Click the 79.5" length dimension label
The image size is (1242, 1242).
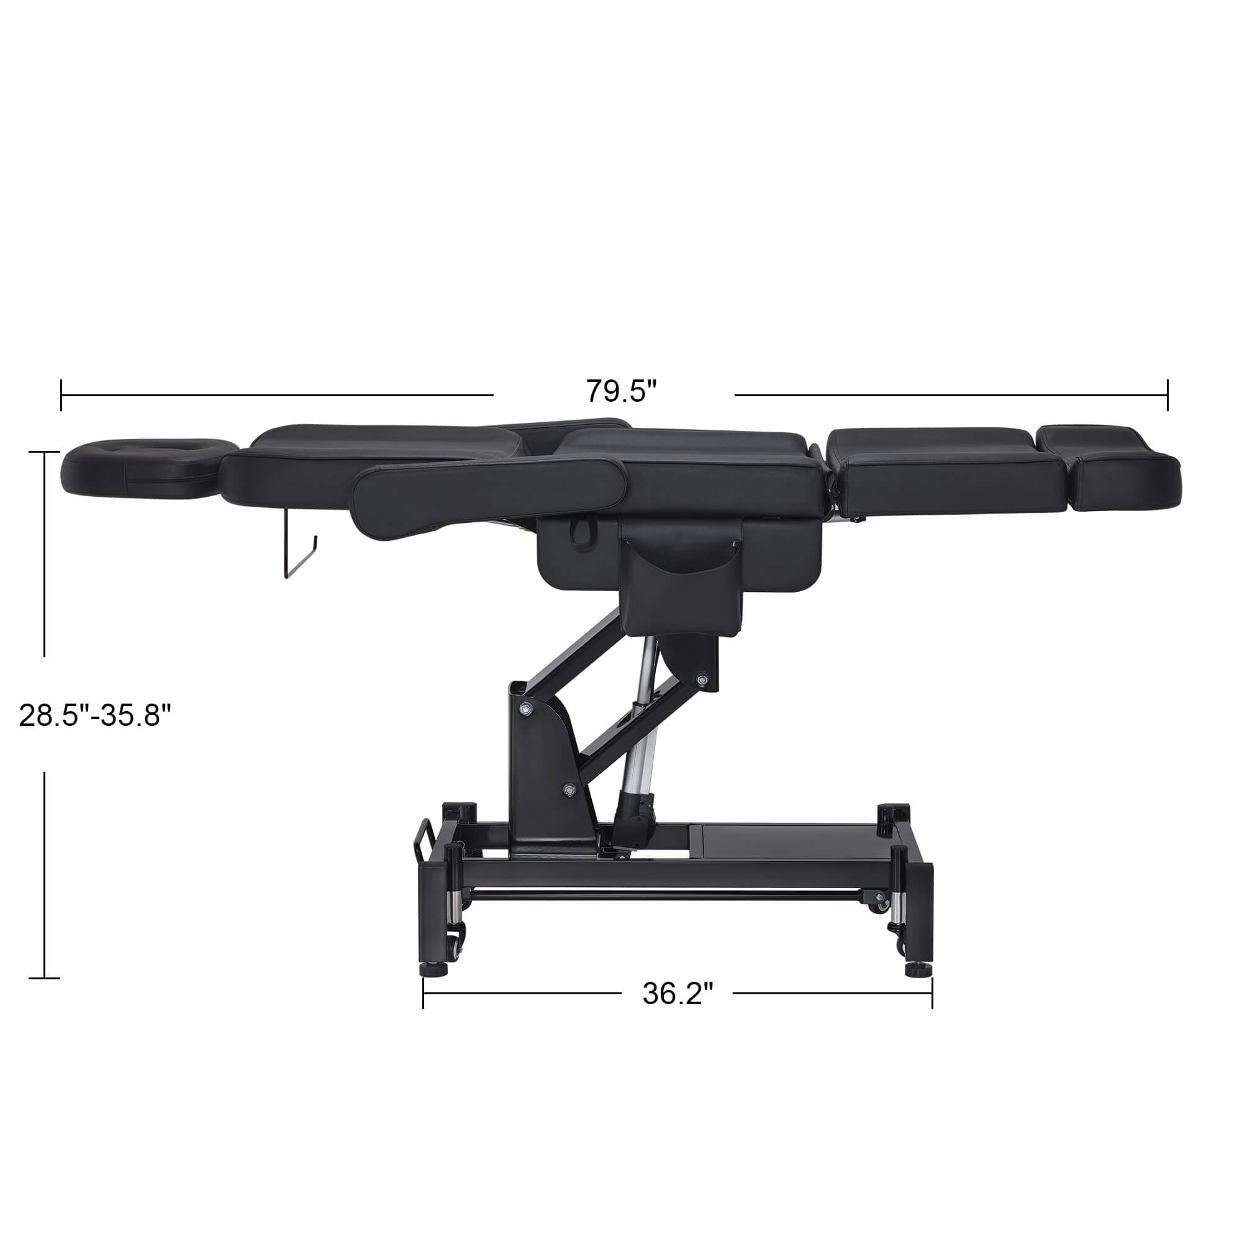pos(620,391)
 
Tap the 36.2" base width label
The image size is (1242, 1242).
pos(678,994)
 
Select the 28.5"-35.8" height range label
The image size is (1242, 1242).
pos(96,715)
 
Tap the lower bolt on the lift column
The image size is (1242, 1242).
pos(569,789)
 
